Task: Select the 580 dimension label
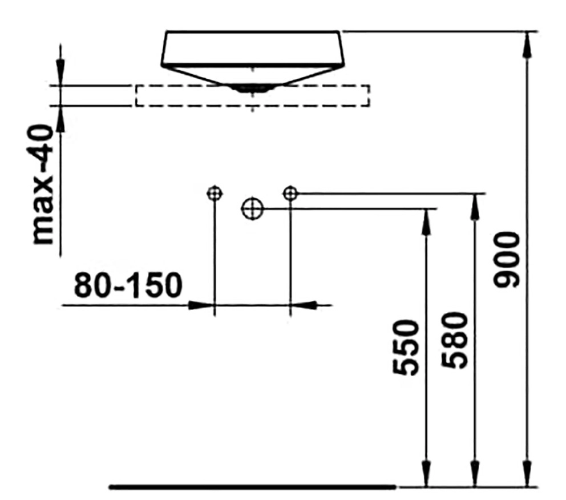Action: tap(455, 340)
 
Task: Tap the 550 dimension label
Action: tap(406, 347)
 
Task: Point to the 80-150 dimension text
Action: tap(128, 285)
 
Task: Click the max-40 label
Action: tap(43, 184)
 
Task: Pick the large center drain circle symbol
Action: tap(252, 209)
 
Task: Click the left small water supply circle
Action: tap(215, 193)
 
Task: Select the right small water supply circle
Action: tap(290, 193)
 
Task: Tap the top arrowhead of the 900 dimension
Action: tap(527, 45)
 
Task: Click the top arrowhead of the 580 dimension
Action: tap(475, 207)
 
